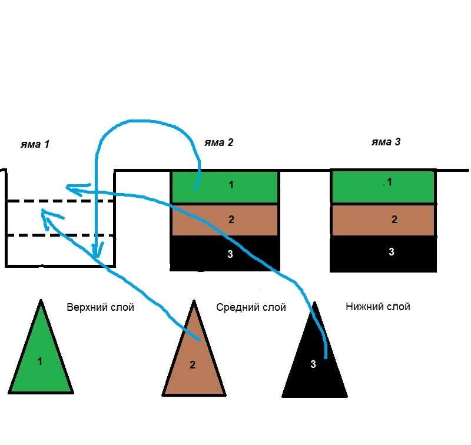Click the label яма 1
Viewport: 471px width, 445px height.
[x=35, y=144]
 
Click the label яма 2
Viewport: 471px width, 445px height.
[x=219, y=142]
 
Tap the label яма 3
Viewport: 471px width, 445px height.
[x=386, y=142]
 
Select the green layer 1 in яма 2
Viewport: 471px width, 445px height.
[x=235, y=186]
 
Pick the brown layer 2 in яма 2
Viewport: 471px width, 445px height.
[x=247, y=220]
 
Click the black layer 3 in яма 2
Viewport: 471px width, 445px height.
[x=247, y=254]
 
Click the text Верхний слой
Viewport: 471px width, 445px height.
[x=100, y=307]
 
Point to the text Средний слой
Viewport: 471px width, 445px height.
[x=251, y=307]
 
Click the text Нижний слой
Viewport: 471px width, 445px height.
[x=378, y=307]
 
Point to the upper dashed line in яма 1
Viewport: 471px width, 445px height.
[x=24, y=202]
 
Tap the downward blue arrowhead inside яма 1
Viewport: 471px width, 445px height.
[x=95, y=254]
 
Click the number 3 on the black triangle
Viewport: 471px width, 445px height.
[x=313, y=364]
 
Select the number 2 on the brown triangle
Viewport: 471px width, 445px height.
[x=193, y=365]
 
